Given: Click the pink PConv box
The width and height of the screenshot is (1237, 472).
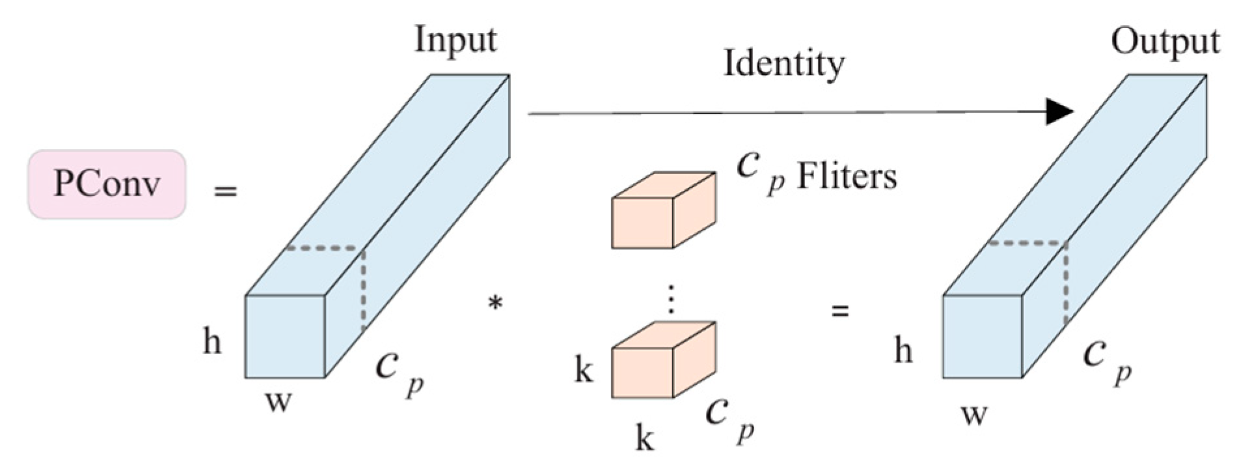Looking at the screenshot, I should pos(107,184).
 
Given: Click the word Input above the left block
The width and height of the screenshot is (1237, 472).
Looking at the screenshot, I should pos(455,40).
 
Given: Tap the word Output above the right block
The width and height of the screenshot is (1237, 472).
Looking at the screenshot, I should pos(1165,42).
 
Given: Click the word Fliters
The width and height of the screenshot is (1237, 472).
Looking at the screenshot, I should pos(847,177).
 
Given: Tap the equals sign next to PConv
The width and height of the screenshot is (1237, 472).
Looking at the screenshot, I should pos(226,192).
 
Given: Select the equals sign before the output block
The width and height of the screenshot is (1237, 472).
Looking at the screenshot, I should pos(841,311).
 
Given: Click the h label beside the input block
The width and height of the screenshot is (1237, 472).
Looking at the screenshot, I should pos(212,341).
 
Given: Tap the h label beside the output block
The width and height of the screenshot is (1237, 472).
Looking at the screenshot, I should pos(903,352).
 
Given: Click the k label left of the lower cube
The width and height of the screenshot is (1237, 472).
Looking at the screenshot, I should pos(584,371).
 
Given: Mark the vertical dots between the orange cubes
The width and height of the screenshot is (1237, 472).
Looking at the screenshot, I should pos(671,301).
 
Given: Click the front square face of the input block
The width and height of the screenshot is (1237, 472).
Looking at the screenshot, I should pos(285,337).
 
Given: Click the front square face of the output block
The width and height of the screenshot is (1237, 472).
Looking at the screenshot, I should pos(983,337).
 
